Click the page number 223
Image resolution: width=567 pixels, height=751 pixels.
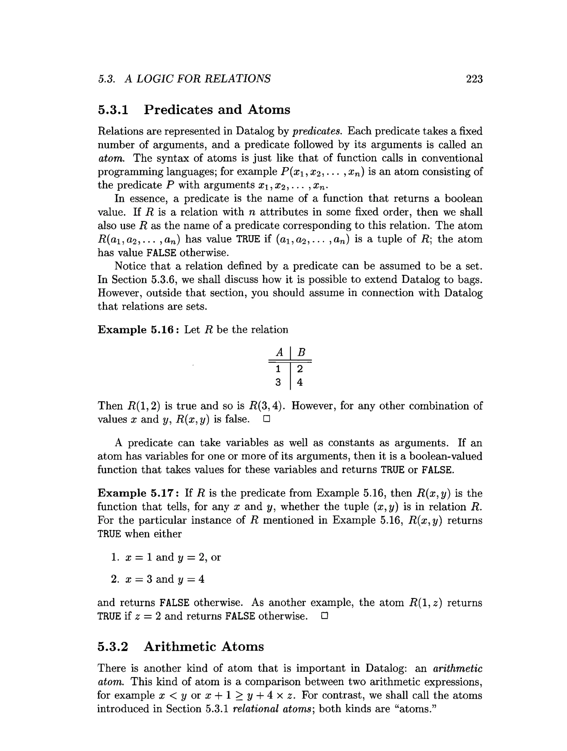(474, 79)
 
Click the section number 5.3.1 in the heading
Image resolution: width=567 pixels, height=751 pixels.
(113, 110)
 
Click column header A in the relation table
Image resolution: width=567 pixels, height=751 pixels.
(279, 352)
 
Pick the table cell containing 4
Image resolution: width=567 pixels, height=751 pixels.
(300, 383)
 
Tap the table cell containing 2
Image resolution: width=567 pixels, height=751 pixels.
(300, 369)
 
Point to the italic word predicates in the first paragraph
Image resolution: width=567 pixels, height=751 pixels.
(317, 131)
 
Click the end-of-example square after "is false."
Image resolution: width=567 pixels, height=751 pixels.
(266, 419)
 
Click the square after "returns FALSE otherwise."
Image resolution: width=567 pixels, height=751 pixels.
(324, 616)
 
